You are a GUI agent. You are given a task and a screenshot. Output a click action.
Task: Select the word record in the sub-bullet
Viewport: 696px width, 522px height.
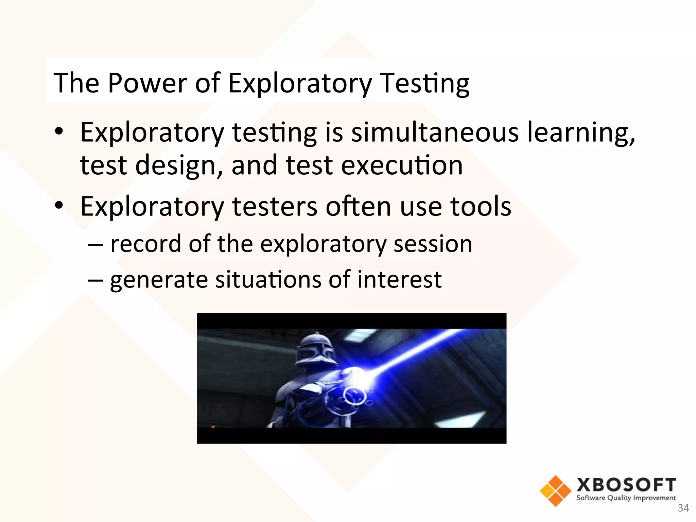tap(146, 244)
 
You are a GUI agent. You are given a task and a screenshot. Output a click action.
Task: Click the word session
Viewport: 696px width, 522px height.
tap(433, 244)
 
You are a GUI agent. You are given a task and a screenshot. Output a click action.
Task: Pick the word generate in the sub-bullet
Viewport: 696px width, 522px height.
tap(159, 280)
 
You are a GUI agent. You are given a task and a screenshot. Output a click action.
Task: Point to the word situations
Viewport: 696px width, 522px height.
tap(268, 279)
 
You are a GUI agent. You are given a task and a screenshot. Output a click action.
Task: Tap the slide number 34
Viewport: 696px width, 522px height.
tap(683, 508)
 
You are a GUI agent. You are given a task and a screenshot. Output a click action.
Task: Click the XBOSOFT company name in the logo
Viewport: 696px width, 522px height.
tap(626, 485)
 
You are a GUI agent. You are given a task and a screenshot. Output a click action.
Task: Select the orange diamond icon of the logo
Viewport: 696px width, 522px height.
tap(555, 491)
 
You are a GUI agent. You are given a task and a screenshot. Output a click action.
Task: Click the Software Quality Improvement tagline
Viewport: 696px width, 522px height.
tap(626, 498)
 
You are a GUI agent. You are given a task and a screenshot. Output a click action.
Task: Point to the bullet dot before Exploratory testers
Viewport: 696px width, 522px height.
tap(59, 206)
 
